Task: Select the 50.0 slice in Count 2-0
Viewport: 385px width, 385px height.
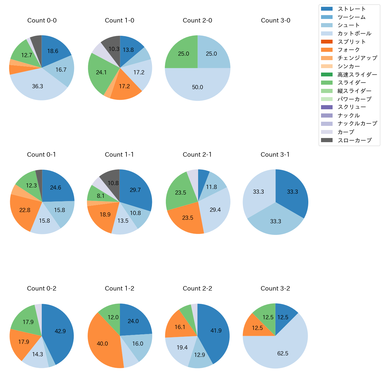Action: tap(198, 87)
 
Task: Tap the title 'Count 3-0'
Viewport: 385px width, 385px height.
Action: tap(275, 20)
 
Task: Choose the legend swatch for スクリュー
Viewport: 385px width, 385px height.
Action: tap(327, 107)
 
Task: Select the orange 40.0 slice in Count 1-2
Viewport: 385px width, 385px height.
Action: tap(102, 344)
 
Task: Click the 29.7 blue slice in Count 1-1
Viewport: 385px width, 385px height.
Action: tap(136, 190)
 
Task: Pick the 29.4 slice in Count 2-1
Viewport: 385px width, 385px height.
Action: tap(216, 210)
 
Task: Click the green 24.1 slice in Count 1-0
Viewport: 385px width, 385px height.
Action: tap(101, 72)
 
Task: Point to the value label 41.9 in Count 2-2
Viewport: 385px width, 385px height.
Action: tap(216, 331)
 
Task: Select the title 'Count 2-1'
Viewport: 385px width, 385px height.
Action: tap(197, 155)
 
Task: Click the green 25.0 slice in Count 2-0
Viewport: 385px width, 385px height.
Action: tap(183, 54)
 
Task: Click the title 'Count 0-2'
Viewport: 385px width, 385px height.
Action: tap(41, 288)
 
